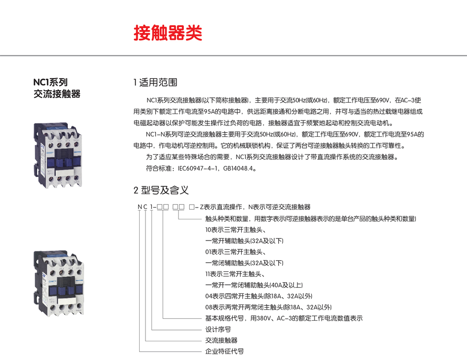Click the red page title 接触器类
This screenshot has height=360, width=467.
(x=167, y=33)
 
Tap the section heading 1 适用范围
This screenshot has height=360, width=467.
(x=155, y=82)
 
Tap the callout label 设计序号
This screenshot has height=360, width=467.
(x=218, y=329)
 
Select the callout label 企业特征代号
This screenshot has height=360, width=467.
(x=224, y=352)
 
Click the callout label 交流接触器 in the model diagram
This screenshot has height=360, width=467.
(x=221, y=340)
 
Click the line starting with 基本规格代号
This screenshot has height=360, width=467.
(x=284, y=318)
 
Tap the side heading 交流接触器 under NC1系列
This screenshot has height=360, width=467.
(x=57, y=93)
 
